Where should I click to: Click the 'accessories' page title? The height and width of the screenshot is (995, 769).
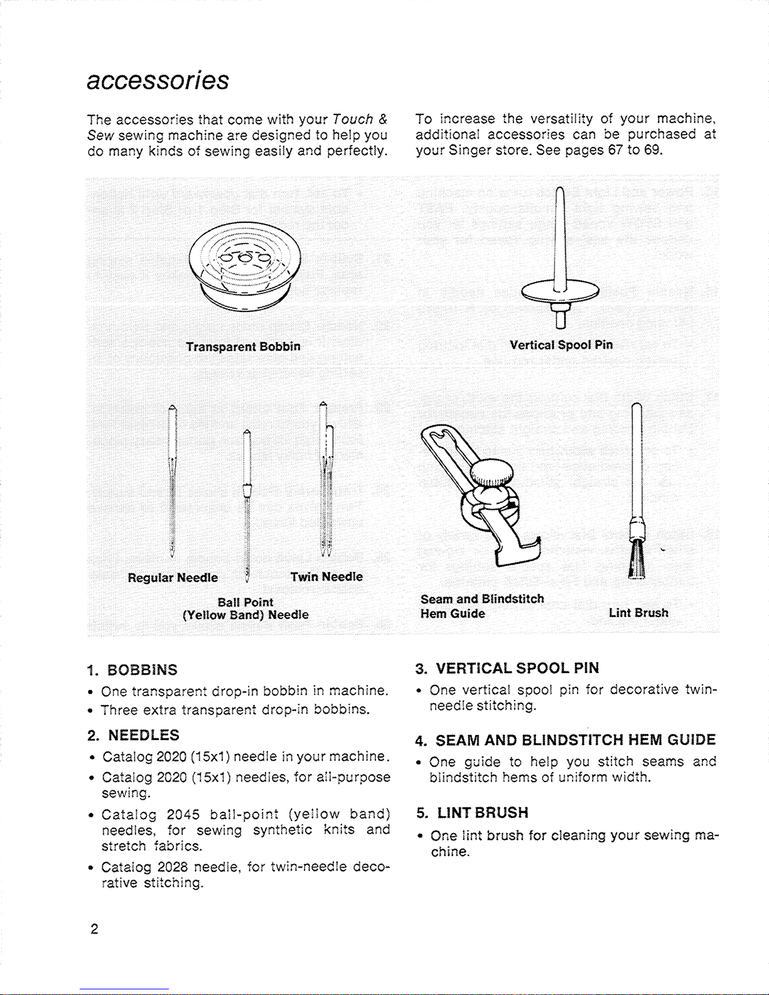click(158, 81)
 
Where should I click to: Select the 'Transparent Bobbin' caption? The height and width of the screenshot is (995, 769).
click(243, 347)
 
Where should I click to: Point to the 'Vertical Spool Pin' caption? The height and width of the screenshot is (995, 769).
click(561, 345)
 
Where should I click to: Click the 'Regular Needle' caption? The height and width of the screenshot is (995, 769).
click(173, 578)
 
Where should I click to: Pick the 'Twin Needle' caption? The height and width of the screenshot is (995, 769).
click(326, 577)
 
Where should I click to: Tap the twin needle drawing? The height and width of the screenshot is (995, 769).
click(325, 477)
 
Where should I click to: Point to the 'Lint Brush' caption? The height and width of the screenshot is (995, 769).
click(638, 613)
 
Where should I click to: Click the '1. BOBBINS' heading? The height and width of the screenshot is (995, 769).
click(132, 670)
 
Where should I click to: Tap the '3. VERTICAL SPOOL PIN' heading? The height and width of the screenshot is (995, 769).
click(507, 668)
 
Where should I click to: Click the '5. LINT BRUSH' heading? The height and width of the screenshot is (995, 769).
click(472, 813)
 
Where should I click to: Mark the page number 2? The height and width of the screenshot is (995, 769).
click(94, 929)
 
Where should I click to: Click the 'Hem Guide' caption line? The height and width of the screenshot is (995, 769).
click(453, 613)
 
